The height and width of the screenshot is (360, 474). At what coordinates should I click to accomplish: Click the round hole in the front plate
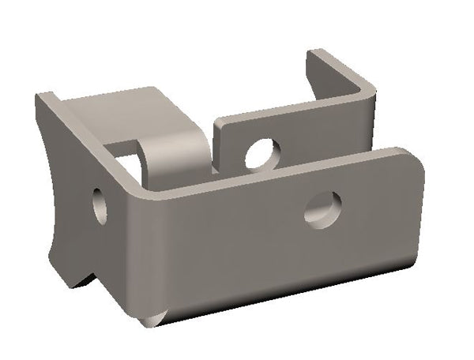point(324,208)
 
